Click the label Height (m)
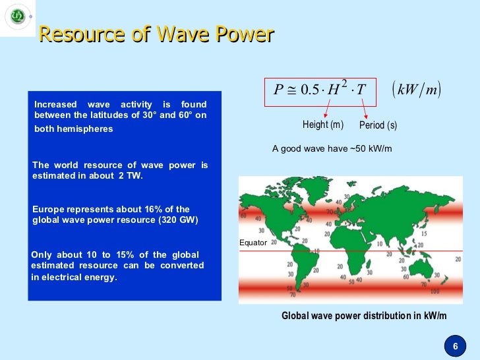click(322, 125)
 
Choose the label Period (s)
click(378, 125)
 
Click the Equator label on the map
click(253, 243)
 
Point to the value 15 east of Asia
click(423, 233)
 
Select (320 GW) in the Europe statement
click(173, 220)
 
